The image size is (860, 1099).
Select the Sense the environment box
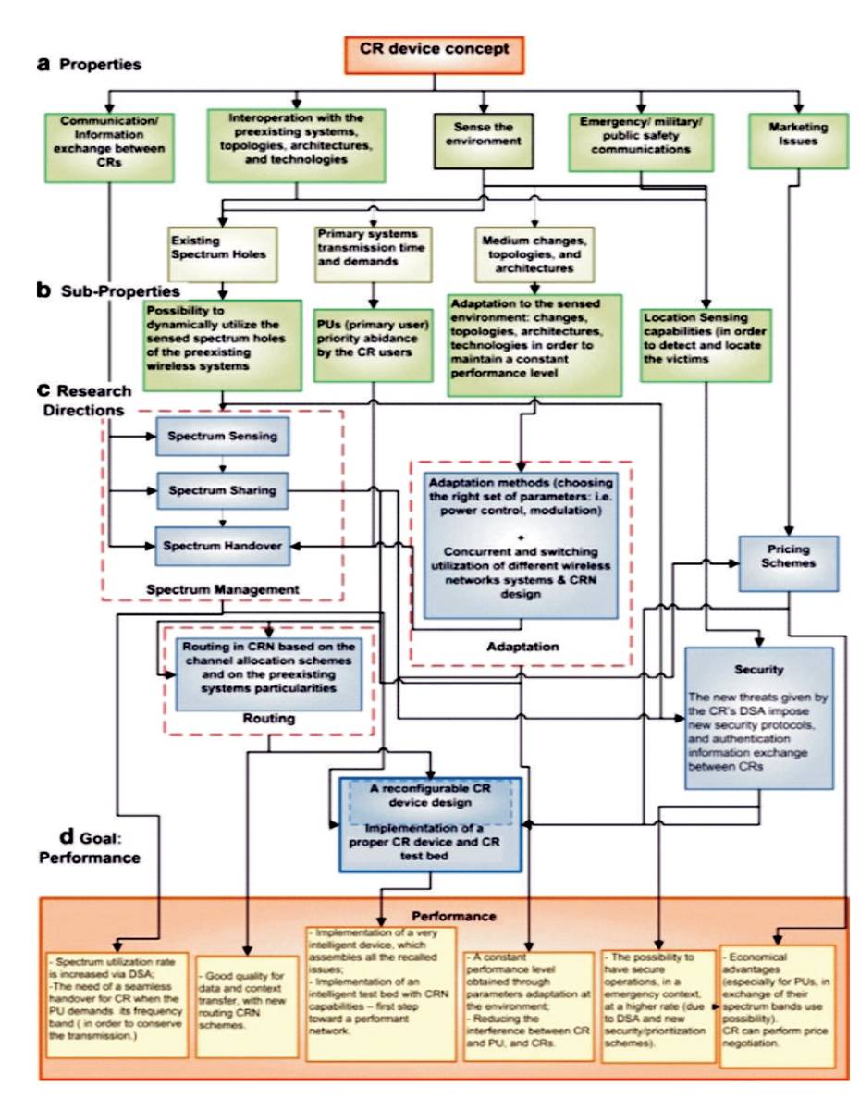click(x=483, y=138)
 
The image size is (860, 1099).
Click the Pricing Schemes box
click(x=786, y=562)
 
